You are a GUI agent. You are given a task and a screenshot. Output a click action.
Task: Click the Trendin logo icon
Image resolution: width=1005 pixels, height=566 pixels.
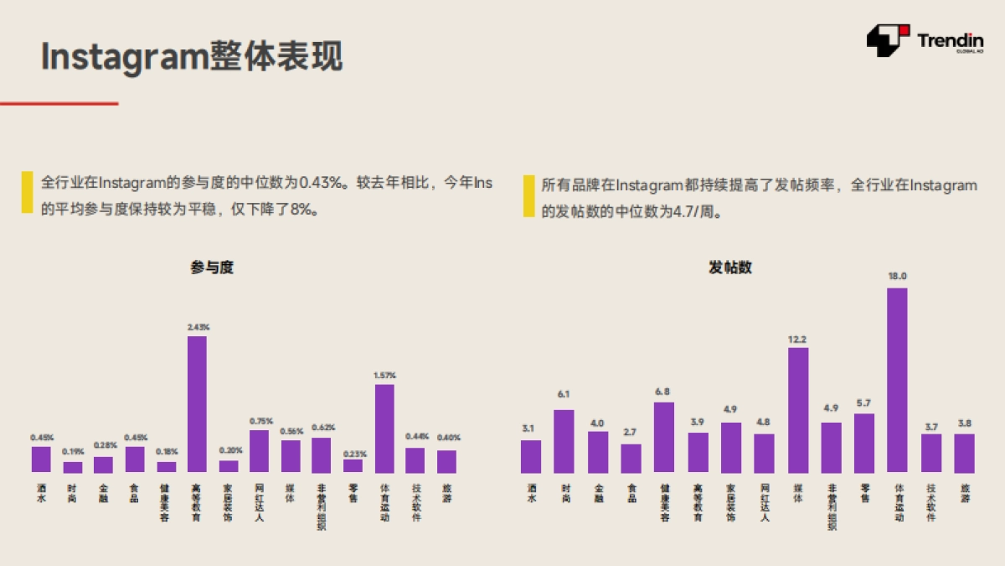point(888,39)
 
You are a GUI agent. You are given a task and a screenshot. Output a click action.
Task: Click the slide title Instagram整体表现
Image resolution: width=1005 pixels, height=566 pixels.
point(192,57)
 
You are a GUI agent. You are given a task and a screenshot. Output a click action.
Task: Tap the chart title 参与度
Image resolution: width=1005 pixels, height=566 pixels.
point(211,267)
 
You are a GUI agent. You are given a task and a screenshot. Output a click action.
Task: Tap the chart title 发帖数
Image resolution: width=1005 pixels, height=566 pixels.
point(730,267)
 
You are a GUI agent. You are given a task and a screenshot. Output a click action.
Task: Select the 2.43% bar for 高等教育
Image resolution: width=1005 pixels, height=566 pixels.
point(197,404)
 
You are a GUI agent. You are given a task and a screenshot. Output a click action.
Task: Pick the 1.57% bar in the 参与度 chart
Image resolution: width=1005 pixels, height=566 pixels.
point(384,428)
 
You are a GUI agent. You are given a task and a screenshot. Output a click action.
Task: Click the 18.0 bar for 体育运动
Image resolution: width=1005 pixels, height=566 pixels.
point(897,380)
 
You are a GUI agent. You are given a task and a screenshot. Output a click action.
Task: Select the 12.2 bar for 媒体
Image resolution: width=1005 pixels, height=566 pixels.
point(798,410)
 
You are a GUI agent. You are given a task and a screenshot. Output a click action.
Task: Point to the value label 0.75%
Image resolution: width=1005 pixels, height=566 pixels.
point(260,421)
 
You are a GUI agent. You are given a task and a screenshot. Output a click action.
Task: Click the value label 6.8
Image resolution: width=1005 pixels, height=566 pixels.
point(664,392)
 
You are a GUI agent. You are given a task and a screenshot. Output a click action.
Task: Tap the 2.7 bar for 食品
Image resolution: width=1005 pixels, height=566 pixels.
point(631,458)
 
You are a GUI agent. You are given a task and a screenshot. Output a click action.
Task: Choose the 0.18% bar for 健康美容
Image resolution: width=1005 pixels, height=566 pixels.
point(167,467)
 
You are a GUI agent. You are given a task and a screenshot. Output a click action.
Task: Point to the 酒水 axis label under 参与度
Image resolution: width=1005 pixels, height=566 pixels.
point(41,492)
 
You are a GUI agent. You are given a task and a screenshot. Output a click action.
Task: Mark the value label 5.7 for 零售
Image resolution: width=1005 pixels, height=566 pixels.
point(864,402)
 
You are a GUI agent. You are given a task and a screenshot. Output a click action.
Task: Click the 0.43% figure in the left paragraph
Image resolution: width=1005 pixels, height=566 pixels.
point(322,182)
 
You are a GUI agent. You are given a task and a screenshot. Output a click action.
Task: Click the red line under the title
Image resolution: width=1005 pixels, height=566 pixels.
point(59,103)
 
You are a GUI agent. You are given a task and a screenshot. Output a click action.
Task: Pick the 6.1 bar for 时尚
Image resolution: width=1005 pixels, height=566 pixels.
point(564,441)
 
